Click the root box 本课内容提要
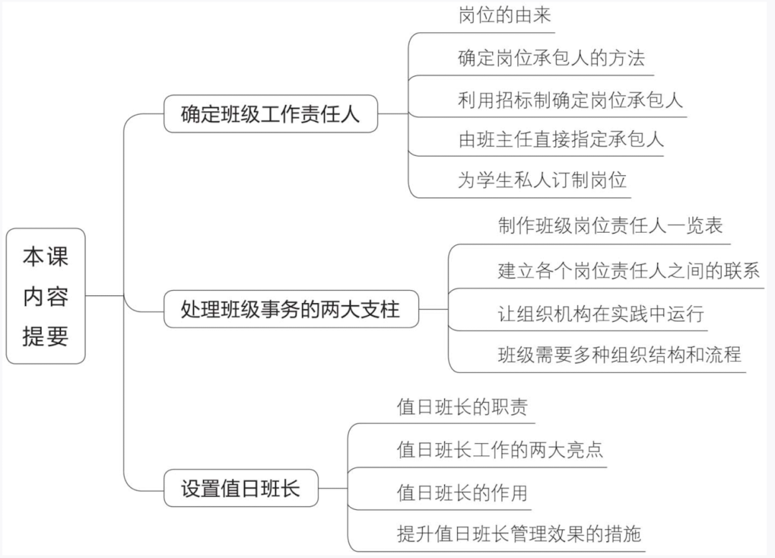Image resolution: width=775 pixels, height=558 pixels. click(x=45, y=296)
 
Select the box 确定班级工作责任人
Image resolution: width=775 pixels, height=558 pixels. click(x=271, y=113)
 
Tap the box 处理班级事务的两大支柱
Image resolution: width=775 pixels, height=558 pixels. click(x=291, y=310)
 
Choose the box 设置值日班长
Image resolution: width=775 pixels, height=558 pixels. click(x=240, y=488)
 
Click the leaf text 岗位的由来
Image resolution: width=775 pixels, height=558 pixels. click(x=504, y=15)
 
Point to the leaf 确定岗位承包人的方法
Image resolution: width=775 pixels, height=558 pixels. click(x=552, y=58)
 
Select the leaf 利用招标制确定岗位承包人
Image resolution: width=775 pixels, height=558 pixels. click(x=570, y=100)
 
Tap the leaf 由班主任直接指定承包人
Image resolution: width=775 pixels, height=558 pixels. click(x=561, y=139)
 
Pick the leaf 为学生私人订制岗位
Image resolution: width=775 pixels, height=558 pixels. click(x=542, y=180)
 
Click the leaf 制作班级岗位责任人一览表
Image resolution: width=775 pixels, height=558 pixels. click(x=611, y=225)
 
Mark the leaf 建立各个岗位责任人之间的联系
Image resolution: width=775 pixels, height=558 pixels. click(x=629, y=271)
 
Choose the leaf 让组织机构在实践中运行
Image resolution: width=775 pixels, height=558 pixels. click(x=601, y=314)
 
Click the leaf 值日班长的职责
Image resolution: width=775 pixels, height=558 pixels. click(x=462, y=407)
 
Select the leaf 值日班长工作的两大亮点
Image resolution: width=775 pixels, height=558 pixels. click(x=499, y=450)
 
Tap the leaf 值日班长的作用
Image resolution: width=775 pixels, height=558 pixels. click(x=462, y=493)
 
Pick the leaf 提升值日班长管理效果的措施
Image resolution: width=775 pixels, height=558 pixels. click(x=519, y=534)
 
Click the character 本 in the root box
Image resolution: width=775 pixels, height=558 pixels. click(x=34, y=257)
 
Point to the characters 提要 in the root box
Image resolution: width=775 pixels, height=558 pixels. click(x=45, y=336)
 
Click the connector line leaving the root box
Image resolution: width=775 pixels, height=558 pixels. click(x=104, y=296)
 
